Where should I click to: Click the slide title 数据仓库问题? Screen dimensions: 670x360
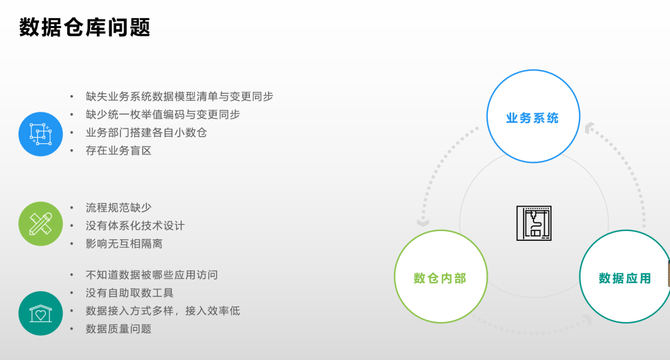(85, 27)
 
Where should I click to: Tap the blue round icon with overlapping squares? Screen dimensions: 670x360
(41, 134)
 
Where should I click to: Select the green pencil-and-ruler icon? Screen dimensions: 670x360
(41, 224)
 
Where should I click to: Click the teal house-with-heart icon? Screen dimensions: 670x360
(41, 313)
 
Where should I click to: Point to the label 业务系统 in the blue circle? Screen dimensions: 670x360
(532, 118)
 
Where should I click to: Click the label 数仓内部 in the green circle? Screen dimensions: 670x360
(440, 278)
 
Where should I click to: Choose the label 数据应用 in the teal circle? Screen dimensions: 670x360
(625, 278)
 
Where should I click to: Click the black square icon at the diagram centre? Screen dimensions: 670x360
(534, 223)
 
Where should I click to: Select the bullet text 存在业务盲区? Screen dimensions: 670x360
(119, 151)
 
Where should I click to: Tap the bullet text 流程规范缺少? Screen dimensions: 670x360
(119, 208)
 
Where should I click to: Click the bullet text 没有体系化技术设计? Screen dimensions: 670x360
(135, 225)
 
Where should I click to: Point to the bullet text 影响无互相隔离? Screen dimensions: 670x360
(124, 244)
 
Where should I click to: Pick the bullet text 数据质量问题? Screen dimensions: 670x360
(119, 329)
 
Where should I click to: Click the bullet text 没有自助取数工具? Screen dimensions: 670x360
(129, 293)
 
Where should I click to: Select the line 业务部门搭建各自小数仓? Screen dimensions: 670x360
(146, 133)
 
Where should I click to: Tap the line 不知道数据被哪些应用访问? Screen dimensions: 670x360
(152, 275)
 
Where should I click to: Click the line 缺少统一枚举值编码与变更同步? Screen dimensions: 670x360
(163, 114)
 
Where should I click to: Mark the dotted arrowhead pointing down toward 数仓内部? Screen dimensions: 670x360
(423, 222)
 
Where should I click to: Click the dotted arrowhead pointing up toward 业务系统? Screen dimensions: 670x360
(589, 128)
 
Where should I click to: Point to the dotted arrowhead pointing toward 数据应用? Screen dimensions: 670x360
(588, 320)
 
